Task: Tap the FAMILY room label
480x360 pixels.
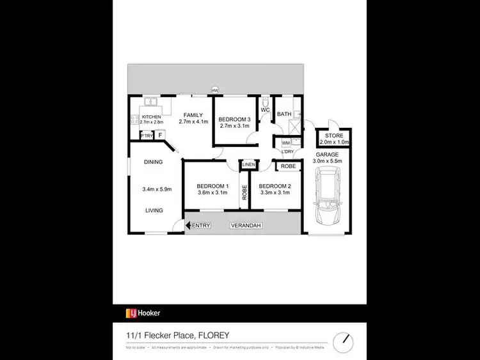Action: click(193, 115)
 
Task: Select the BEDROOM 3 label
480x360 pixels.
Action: click(234, 120)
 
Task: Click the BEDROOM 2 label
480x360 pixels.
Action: click(275, 186)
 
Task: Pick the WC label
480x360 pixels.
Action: click(266, 110)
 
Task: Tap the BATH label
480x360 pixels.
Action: click(284, 114)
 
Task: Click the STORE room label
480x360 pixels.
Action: click(333, 136)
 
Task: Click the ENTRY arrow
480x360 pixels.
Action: click(188, 225)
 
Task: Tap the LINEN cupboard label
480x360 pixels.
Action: click(248, 165)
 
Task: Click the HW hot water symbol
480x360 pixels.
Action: click(215, 90)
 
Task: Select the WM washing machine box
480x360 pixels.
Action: click(285, 142)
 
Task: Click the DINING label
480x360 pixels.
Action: click(152, 162)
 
